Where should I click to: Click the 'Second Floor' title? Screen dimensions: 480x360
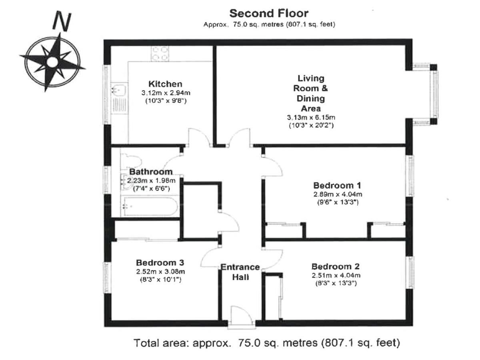pyautogui.click(x=269, y=13)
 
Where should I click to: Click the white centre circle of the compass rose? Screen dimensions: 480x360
pyautogui.click(x=52, y=62)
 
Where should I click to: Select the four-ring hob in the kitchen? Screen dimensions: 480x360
pyautogui.click(x=160, y=54)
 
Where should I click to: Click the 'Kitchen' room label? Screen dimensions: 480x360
pyautogui.click(x=165, y=84)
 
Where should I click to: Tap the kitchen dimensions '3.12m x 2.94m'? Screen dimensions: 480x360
pyautogui.click(x=166, y=93)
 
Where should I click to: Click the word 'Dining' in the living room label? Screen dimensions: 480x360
pyautogui.click(x=310, y=99)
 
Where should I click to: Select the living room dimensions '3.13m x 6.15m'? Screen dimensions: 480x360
pyautogui.click(x=311, y=117)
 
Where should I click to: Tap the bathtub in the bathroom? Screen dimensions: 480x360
pyautogui.click(x=150, y=206)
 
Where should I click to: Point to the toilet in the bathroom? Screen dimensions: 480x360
pyautogui.click(x=131, y=161)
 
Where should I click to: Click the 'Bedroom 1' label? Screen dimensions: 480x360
pyautogui.click(x=337, y=186)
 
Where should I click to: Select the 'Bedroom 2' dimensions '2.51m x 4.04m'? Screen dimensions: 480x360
pyautogui.click(x=336, y=276)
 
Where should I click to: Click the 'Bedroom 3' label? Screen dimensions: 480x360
pyautogui.click(x=160, y=262)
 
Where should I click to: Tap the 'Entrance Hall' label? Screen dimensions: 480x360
pyautogui.click(x=240, y=272)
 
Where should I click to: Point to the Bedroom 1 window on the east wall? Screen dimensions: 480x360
pyautogui.click(x=410, y=176)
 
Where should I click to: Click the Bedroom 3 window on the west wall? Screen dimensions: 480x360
pyautogui.click(x=106, y=278)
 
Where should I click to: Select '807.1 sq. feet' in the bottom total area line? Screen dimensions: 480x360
pyautogui.click(x=361, y=343)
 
